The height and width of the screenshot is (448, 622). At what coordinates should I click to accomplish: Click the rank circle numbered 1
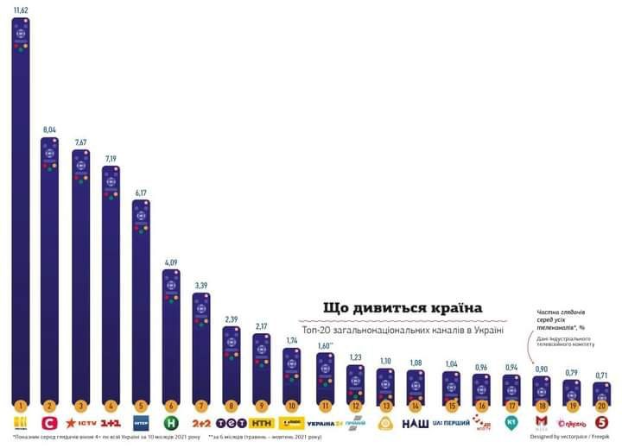click(21, 404)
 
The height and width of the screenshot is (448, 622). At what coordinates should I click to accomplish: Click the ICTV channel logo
click(81, 423)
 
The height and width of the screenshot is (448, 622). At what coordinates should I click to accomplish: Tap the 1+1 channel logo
click(111, 423)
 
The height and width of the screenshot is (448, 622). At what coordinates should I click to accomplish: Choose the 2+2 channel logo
click(201, 423)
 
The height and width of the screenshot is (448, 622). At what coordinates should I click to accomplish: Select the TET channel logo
click(232, 423)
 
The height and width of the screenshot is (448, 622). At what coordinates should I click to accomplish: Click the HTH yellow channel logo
click(262, 423)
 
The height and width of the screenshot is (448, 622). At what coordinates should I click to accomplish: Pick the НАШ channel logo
click(415, 423)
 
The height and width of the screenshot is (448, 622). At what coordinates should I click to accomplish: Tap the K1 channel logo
click(511, 423)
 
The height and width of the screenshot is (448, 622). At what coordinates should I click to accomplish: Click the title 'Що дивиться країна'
click(403, 308)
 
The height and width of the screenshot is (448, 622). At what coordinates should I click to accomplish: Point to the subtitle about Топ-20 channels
click(403, 330)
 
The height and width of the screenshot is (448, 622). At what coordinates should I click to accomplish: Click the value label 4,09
click(171, 262)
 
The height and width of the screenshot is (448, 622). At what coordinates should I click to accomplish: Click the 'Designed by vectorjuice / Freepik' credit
click(570, 437)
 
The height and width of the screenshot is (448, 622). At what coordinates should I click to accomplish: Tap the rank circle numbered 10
click(292, 404)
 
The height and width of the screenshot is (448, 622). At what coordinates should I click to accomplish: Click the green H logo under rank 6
click(171, 423)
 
